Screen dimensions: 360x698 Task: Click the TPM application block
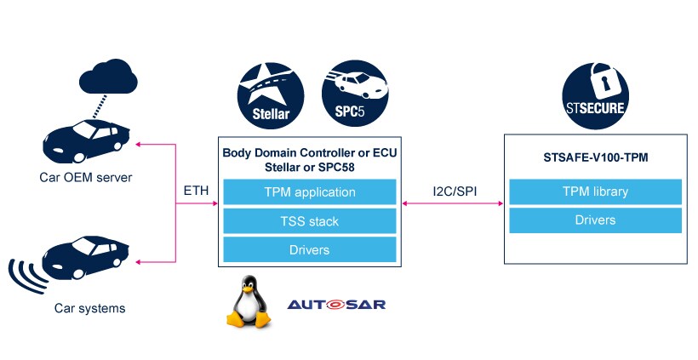pyautogui.click(x=310, y=192)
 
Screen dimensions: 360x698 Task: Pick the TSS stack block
pyautogui.click(x=310, y=221)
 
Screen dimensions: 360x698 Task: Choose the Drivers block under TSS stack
pyautogui.click(x=310, y=250)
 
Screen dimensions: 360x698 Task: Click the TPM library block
pyautogui.click(x=596, y=191)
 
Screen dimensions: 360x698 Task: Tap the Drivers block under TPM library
pyautogui.click(x=596, y=220)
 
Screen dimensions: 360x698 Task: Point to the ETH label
pyautogui.click(x=196, y=191)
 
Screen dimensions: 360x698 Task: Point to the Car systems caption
pyautogui.click(x=89, y=308)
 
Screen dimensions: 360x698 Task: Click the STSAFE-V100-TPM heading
pyautogui.click(x=594, y=159)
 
